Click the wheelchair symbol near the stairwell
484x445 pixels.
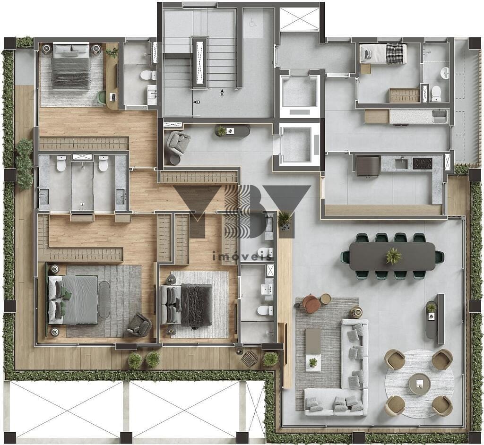coord(252,23)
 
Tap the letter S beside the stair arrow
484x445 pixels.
coord(222,95)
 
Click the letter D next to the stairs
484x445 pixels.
coord(199,102)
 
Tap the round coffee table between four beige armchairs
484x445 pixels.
coord(420,384)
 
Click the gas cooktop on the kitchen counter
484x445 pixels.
coord(423,163)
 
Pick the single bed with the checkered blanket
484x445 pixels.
coord(383,53)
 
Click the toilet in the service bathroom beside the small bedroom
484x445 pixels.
coord(436,93)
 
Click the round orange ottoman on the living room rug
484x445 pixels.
coord(311,304)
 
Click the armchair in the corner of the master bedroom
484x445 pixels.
coord(139,325)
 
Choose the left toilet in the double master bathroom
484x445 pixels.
coord(61,163)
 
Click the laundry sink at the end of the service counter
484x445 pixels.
coord(440,116)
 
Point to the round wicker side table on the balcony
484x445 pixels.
coord(250,358)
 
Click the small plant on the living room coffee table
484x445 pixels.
coord(313,362)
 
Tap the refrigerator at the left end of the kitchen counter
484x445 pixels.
coord(368,166)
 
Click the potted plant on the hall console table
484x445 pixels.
coord(221,131)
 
